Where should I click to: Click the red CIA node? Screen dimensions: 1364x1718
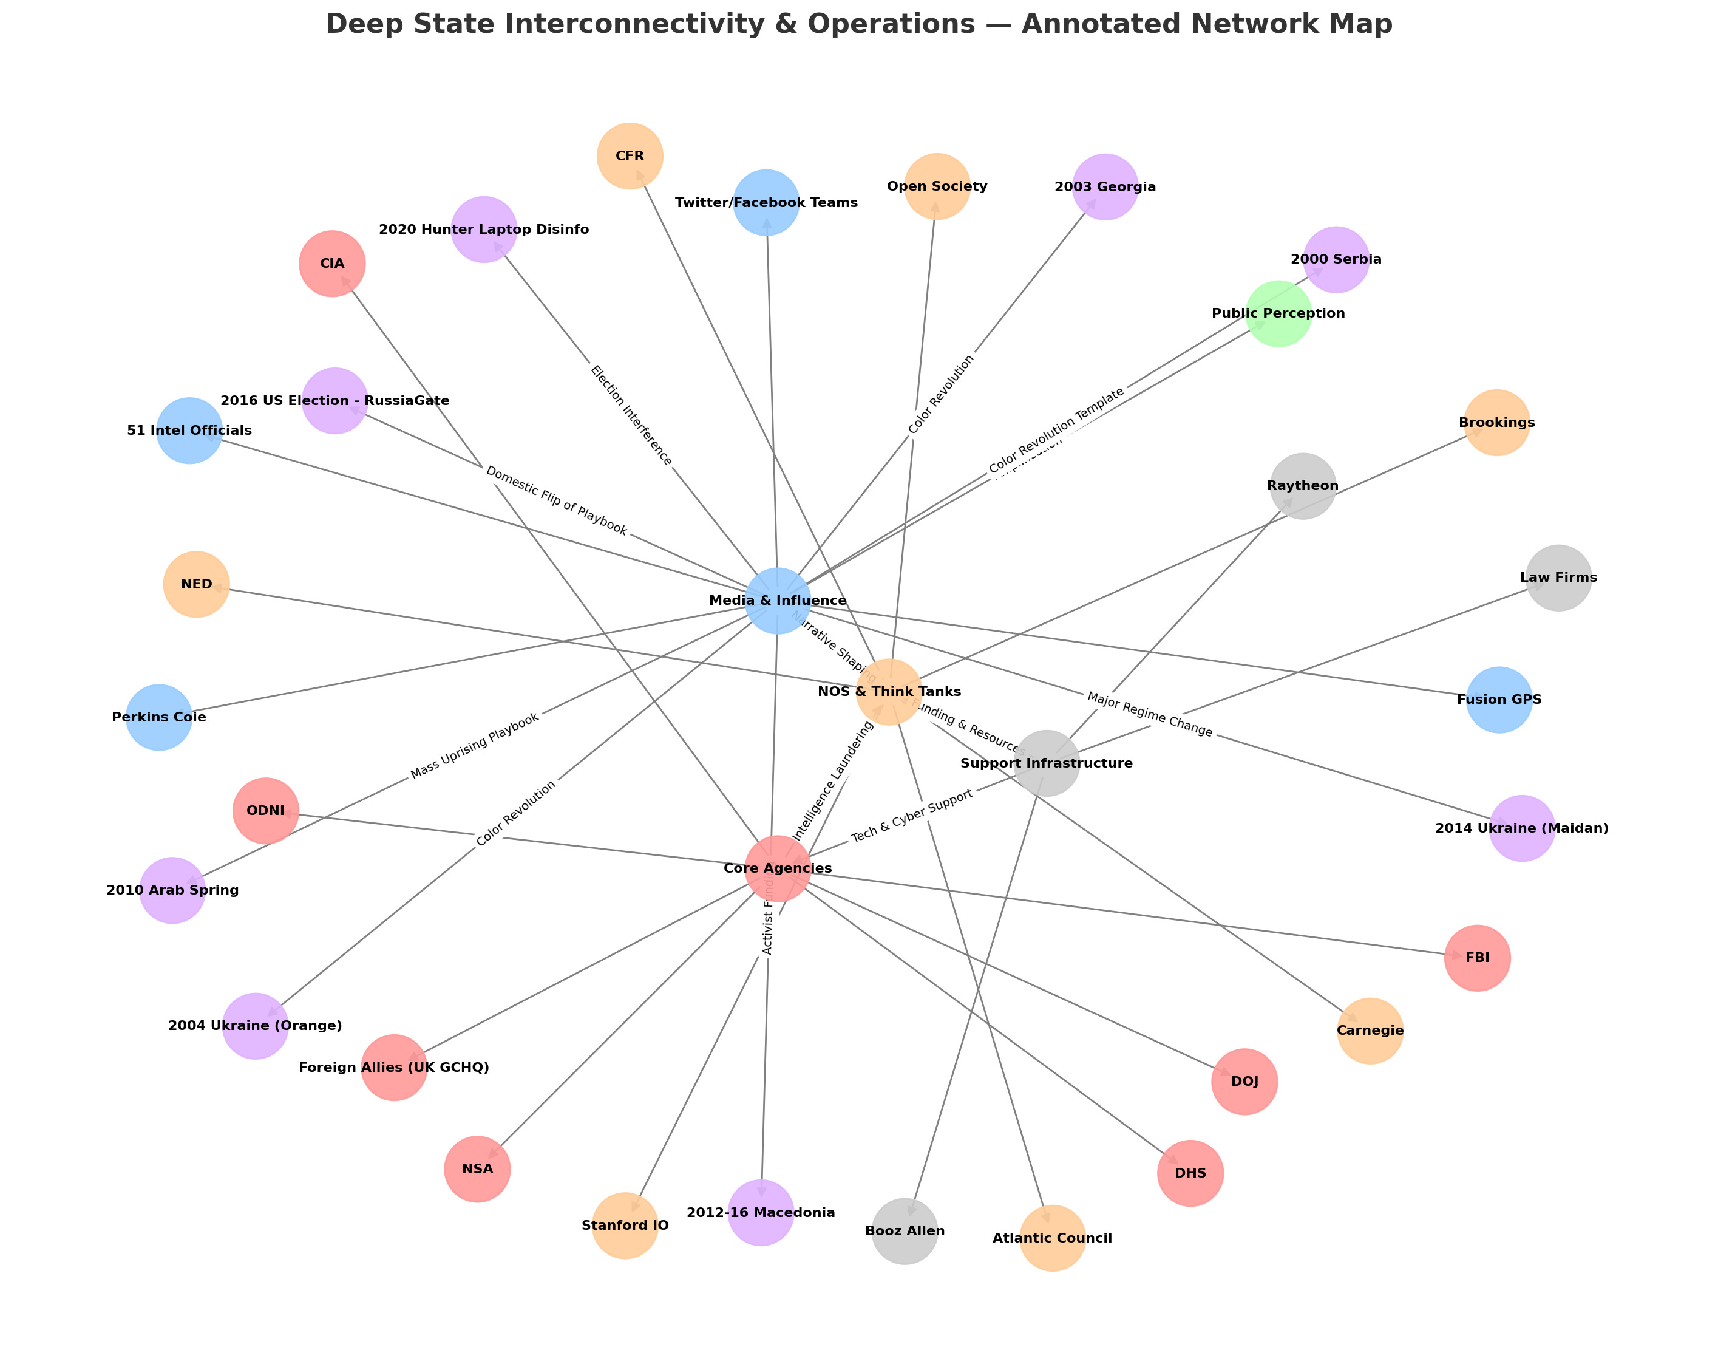coord(332,264)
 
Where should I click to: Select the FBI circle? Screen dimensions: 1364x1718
coord(1476,958)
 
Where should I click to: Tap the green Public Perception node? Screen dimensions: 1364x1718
coord(1278,314)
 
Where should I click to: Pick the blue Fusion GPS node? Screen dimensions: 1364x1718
coord(1499,700)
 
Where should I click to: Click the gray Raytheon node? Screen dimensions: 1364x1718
coord(1303,486)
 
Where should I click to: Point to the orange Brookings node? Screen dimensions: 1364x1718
coord(1496,423)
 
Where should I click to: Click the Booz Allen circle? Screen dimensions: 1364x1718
coord(905,1231)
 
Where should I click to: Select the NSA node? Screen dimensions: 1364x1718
coord(477,1170)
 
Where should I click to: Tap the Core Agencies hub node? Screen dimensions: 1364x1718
coord(778,868)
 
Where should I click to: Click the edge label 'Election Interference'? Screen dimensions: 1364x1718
coord(631,415)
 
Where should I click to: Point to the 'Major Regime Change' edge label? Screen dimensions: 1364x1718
coord(1149,714)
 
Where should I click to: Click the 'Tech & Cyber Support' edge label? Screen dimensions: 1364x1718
coord(912,816)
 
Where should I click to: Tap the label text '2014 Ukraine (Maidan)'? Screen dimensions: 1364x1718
coord(1521,828)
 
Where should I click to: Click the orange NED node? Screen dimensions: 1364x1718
coord(196,584)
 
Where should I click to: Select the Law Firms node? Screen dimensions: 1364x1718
coord(1558,578)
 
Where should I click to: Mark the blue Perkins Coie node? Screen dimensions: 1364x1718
coord(160,717)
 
